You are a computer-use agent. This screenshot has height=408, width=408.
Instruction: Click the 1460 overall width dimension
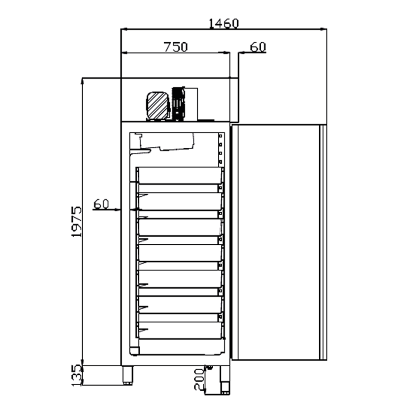point(224,23)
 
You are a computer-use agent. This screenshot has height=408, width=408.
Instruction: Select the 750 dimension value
point(175,47)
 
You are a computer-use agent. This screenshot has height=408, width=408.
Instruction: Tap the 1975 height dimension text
point(76,221)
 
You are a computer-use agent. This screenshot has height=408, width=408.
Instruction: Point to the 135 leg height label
point(76,375)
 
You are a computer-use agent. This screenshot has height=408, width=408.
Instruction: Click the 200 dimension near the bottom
point(199,379)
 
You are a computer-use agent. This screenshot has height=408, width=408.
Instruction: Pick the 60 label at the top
point(258,47)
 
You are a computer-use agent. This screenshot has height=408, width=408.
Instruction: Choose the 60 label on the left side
point(101,204)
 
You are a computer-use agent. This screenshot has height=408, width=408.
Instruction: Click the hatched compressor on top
point(157,106)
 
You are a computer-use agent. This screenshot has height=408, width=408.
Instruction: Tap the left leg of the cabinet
point(127,375)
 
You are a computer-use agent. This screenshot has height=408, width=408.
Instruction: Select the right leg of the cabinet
point(225,380)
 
